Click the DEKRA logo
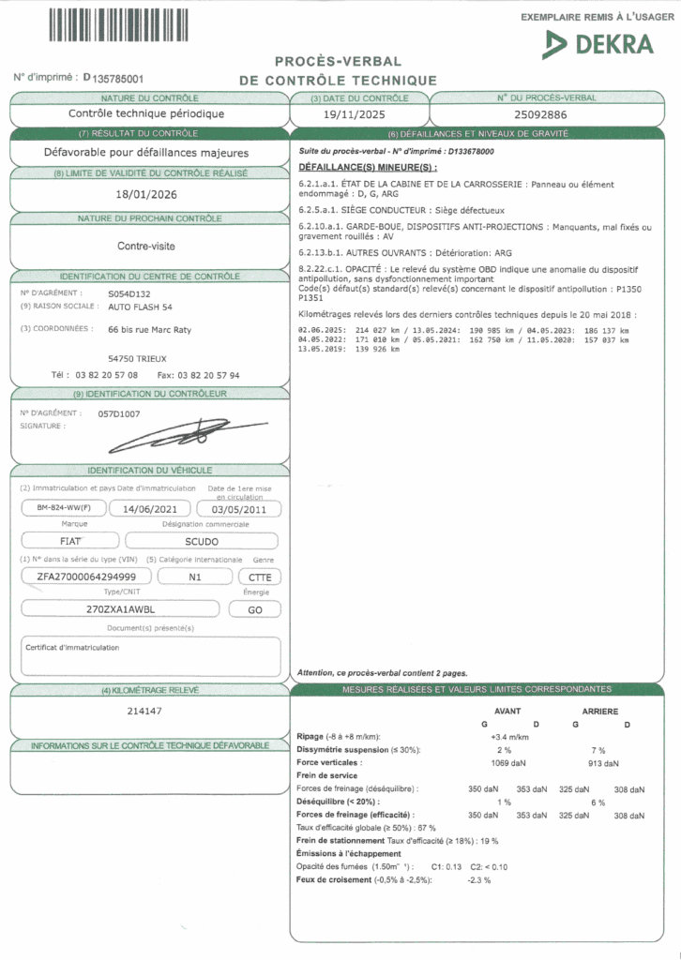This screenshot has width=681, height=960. (598, 43)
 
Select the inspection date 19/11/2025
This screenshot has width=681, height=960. (355, 114)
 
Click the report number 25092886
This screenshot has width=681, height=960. (546, 114)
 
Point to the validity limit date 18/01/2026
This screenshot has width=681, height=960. (145, 194)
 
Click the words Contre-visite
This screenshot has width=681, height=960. (145, 246)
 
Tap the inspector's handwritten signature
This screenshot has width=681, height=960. (189, 433)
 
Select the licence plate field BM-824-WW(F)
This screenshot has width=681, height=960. (58, 509)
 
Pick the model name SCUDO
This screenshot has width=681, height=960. (203, 541)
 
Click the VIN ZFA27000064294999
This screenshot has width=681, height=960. (83, 576)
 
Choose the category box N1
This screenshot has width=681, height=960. (195, 577)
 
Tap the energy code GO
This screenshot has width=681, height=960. (253, 609)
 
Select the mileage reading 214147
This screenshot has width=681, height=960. (144, 711)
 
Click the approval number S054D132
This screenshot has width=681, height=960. (128, 292)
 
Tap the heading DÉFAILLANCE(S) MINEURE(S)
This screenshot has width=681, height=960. (355, 166)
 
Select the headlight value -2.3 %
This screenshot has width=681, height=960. (479, 879)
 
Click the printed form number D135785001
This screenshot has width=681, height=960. (113, 79)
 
